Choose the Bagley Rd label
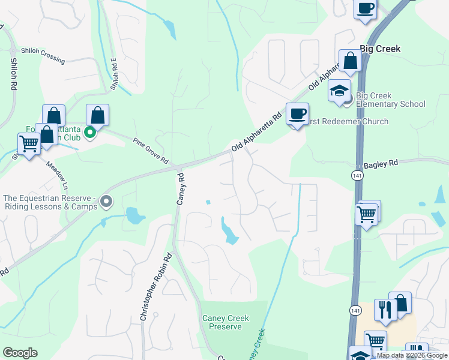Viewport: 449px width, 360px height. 381,163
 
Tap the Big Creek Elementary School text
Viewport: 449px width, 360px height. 390,100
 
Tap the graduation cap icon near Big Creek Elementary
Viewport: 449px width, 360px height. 339,91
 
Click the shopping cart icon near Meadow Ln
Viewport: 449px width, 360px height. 29,143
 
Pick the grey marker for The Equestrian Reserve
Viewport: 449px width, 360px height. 106,202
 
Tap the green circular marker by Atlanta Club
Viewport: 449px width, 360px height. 90,132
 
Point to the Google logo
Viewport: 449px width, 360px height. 20,353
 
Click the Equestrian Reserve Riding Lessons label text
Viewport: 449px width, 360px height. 49,202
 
